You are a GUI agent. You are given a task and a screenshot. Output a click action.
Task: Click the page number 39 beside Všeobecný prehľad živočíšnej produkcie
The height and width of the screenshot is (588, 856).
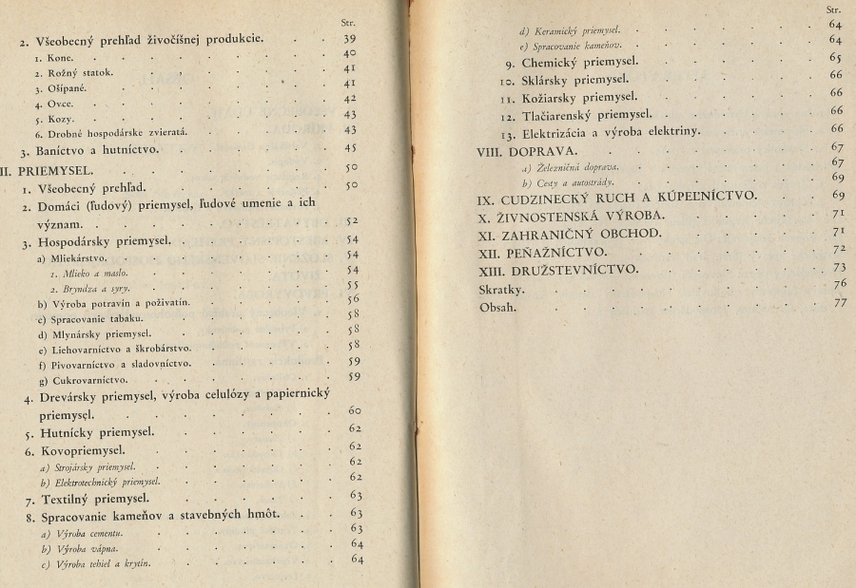tap(349, 39)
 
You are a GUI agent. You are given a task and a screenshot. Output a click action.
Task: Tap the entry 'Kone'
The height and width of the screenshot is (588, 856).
tap(48, 56)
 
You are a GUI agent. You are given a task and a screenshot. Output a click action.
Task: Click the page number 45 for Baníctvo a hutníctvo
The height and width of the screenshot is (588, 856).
tap(349, 149)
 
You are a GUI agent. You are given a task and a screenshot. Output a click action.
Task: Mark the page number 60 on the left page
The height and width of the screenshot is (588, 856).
tap(351, 410)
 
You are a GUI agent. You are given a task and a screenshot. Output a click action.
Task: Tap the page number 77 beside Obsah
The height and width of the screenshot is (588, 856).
tap(838, 304)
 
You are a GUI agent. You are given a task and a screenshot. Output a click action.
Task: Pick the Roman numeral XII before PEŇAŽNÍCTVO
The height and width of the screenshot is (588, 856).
tap(490, 252)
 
